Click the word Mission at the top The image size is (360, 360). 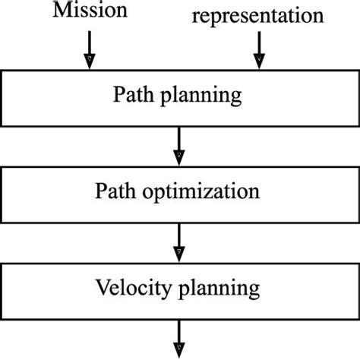89,12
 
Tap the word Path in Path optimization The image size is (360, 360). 112,191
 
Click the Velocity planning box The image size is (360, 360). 179,289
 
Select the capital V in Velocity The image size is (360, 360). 103,288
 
